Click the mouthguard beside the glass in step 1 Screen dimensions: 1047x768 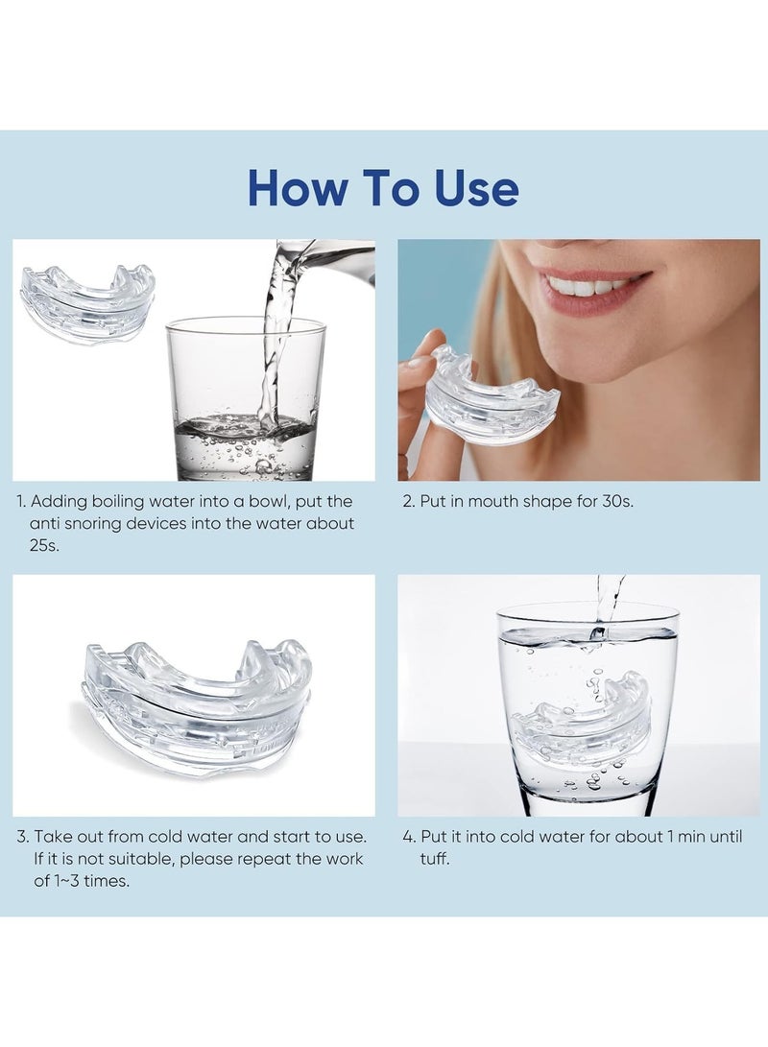pos(86,300)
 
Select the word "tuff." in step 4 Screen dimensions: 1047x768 pos(435,859)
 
